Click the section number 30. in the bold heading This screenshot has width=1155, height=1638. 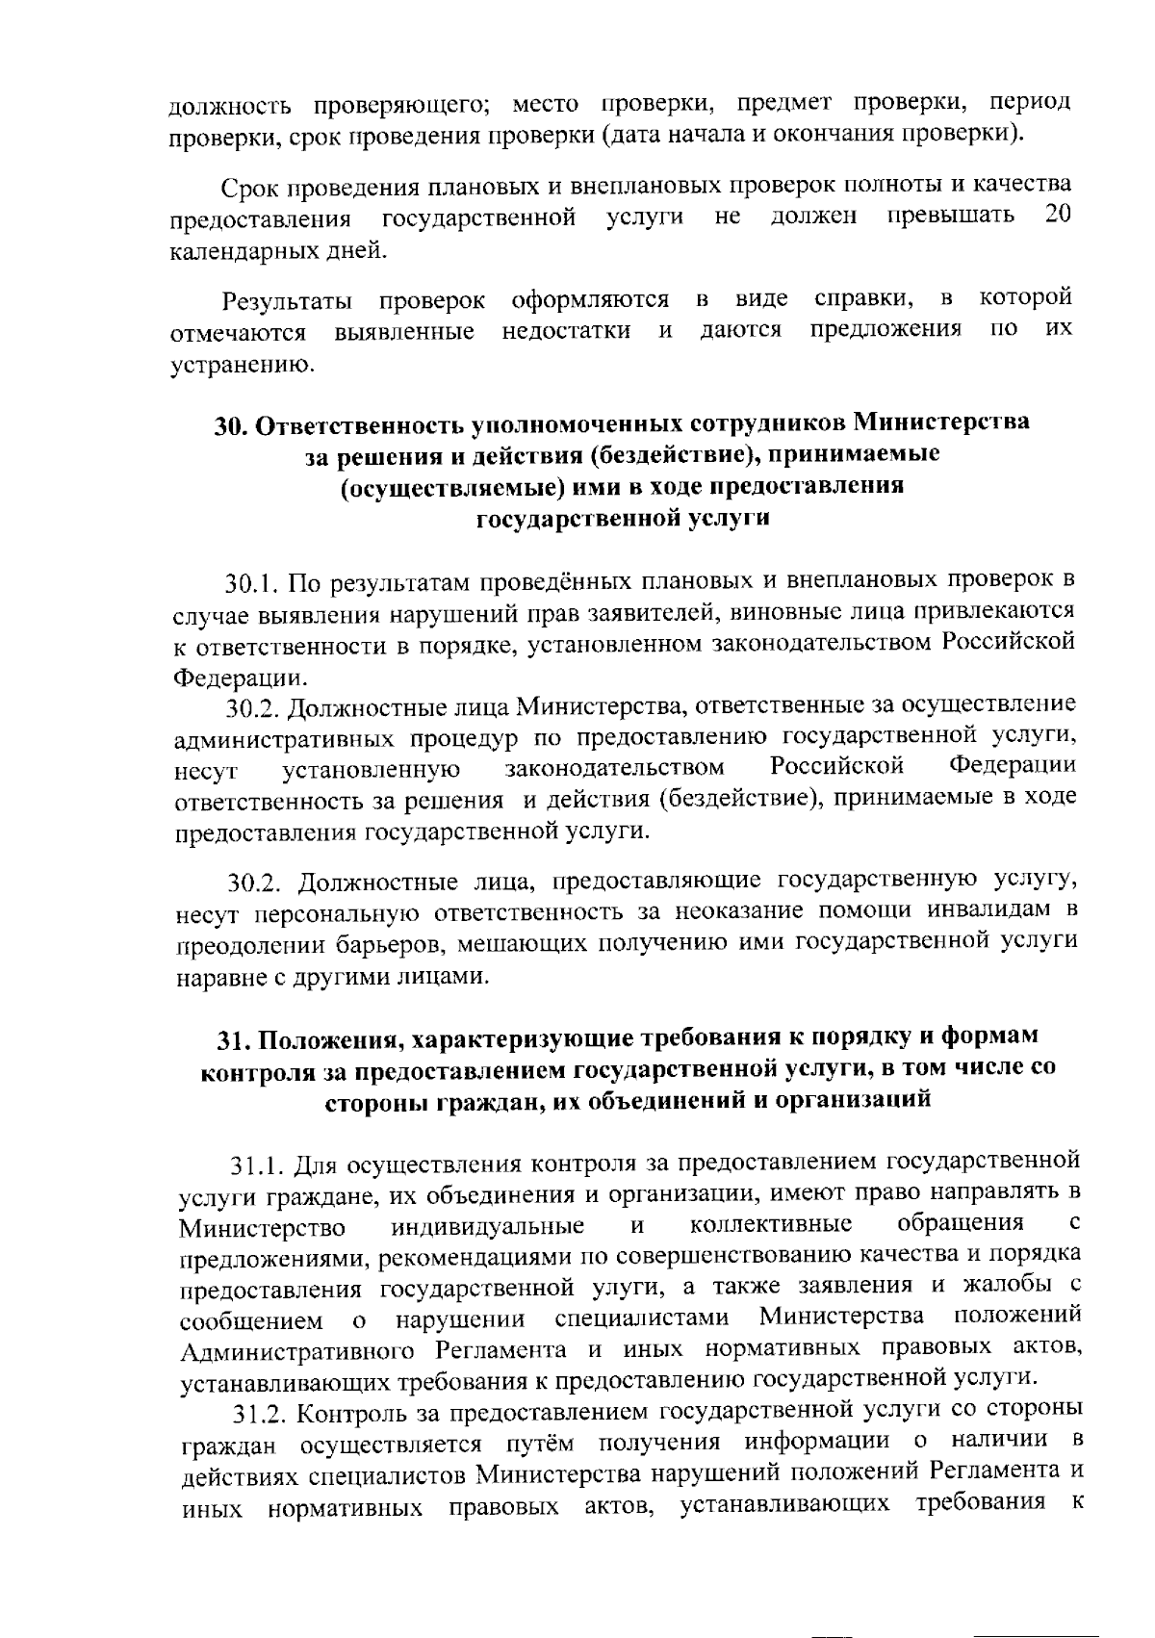pos(232,424)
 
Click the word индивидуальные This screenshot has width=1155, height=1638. pos(488,1227)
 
